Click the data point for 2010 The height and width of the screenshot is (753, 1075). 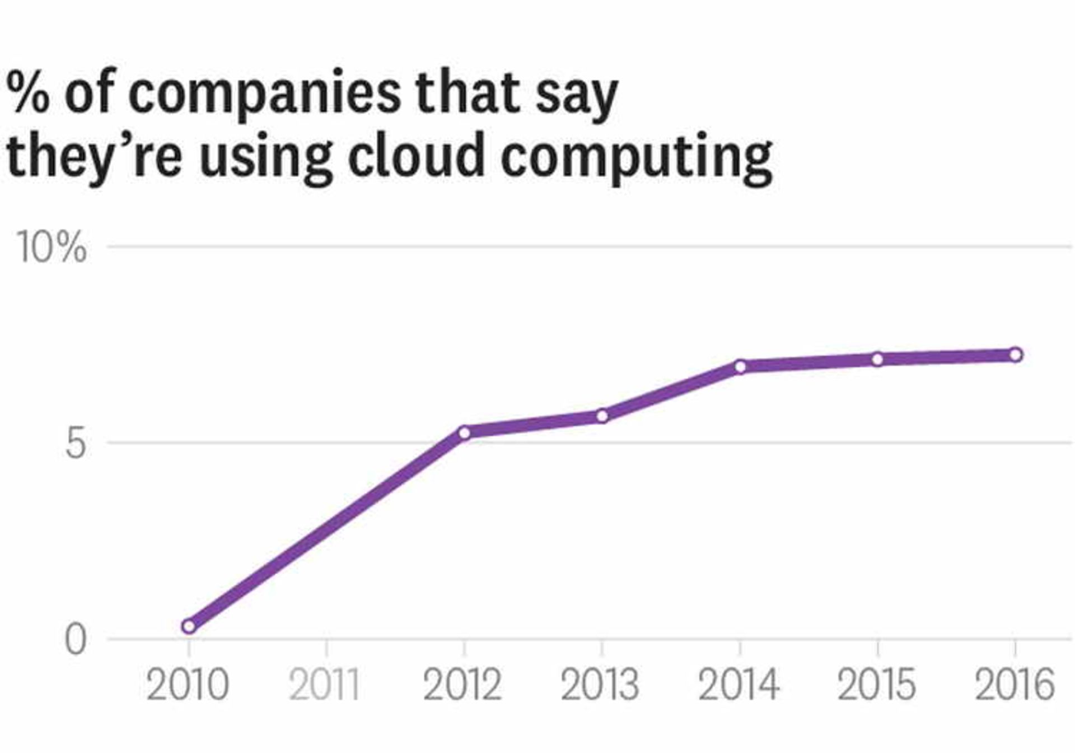point(189,626)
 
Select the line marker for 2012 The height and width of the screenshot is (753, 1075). point(464,433)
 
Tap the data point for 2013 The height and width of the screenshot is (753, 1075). point(602,416)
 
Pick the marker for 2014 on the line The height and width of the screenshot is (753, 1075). point(740,367)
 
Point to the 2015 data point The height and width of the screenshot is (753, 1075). point(877,359)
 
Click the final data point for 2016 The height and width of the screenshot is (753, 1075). point(1015,355)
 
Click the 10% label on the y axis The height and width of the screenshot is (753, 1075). point(52,247)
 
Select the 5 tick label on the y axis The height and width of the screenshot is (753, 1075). point(76,444)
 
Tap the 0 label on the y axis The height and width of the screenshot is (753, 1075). point(76,640)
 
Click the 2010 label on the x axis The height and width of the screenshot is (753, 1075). point(188,685)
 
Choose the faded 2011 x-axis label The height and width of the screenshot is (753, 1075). point(324,685)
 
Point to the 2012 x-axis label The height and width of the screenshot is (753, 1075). point(462,685)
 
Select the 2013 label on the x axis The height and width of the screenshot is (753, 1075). point(600,685)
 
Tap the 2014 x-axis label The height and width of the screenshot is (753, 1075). point(739,685)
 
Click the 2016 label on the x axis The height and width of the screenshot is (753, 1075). point(1015,685)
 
